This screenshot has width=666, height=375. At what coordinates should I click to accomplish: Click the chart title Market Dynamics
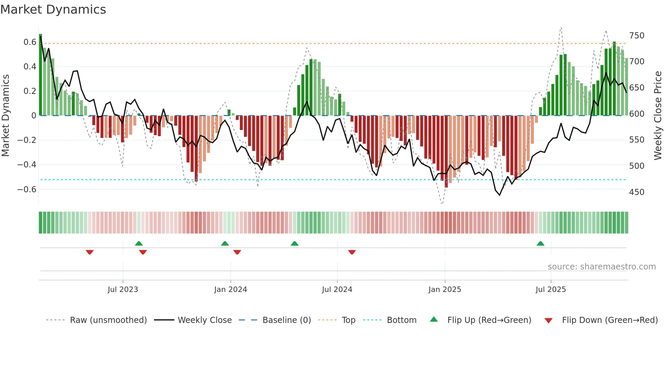point(53,10)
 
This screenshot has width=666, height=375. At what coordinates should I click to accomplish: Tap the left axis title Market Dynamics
point(5,116)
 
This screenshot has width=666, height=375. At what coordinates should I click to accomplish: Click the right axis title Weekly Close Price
point(658,116)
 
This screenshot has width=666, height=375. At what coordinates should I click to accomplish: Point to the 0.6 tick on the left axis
point(30,42)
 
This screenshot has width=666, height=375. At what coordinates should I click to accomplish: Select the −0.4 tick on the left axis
point(27,165)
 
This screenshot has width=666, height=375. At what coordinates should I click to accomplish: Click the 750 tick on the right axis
point(636,36)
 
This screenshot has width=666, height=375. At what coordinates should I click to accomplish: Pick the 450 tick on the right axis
point(636,192)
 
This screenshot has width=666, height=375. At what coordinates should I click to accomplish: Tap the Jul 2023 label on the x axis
point(123,290)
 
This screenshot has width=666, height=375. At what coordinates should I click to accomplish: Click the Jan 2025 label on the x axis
point(444,290)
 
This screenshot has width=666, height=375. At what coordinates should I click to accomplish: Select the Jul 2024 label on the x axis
point(337,290)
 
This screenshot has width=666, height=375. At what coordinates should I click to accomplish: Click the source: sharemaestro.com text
point(601,267)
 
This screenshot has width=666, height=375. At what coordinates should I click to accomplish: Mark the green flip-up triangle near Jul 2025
point(540,244)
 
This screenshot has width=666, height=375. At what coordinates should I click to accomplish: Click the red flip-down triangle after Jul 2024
point(352,252)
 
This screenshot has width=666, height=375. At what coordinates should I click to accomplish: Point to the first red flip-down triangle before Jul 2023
point(90,252)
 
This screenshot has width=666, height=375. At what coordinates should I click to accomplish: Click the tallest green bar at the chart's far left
point(40,75)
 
